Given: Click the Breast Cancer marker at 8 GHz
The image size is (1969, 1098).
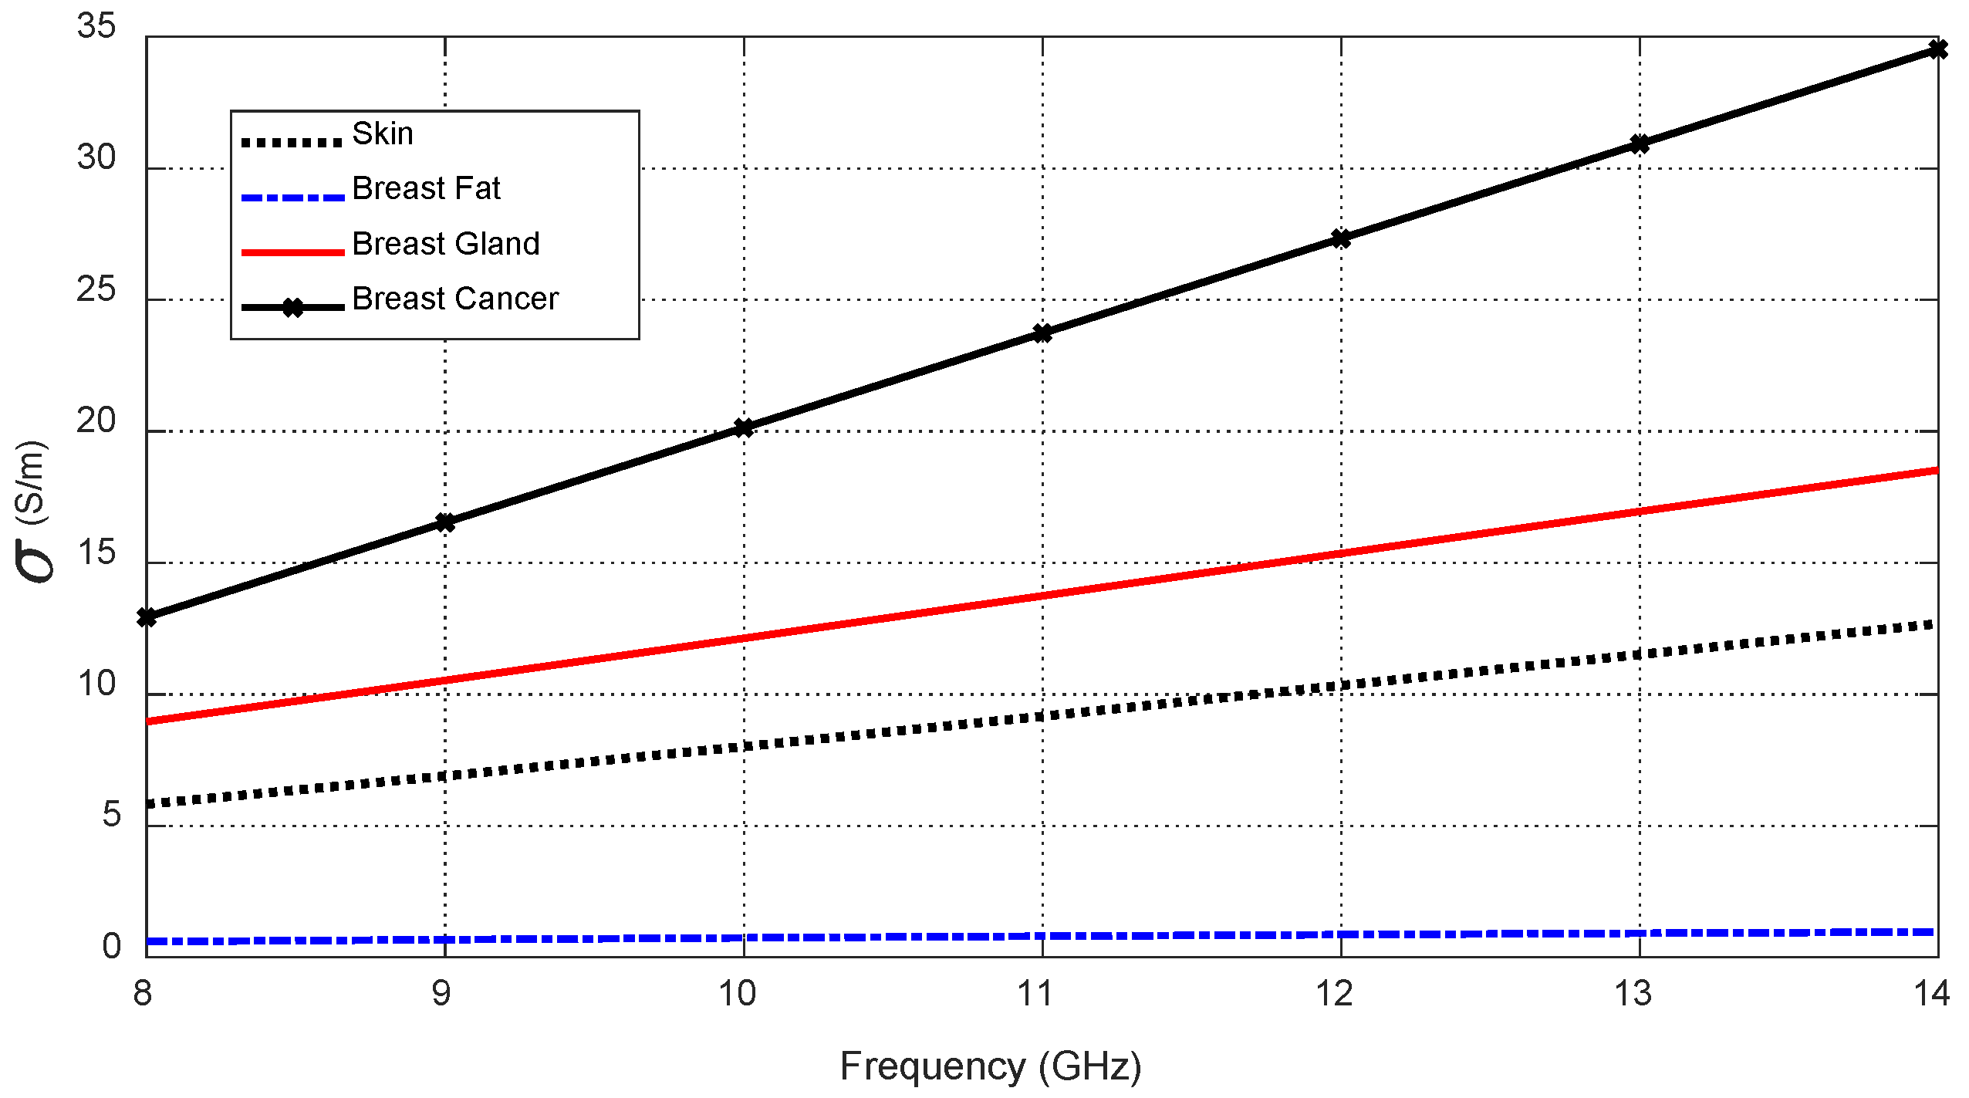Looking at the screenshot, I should click(147, 617).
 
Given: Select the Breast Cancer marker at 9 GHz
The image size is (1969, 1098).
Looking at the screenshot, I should click(445, 522).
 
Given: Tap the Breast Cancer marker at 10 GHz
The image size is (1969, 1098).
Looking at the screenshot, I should click(744, 427).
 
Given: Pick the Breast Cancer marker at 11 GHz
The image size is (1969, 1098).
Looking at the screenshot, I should click(1042, 333).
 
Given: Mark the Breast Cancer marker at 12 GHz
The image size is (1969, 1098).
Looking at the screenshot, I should click(1341, 238).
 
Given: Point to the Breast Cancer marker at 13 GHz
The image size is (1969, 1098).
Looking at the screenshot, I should click(1640, 144).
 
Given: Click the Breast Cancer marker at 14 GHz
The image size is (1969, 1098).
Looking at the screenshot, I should click(1937, 50).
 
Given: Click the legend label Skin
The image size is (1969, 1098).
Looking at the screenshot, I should click(383, 133).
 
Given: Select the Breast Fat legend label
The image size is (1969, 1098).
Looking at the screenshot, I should click(426, 188).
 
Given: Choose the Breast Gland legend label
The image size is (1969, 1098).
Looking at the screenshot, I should click(446, 244).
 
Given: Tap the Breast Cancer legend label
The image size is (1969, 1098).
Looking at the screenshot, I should click(455, 299).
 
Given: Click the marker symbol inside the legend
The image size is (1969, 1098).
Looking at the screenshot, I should click(293, 308).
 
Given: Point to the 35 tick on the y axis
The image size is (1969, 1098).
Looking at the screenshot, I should click(96, 26).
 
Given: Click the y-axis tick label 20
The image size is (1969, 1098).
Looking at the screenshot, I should click(96, 421).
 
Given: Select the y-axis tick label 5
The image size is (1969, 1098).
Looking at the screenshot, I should click(111, 816).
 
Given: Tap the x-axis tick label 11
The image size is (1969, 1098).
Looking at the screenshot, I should click(1035, 994).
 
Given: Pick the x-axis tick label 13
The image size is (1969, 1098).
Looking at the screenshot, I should click(1633, 994).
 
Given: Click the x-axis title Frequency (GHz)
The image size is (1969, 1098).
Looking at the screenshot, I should click(991, 1067).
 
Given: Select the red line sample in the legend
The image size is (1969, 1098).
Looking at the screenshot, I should click(292, 252).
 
